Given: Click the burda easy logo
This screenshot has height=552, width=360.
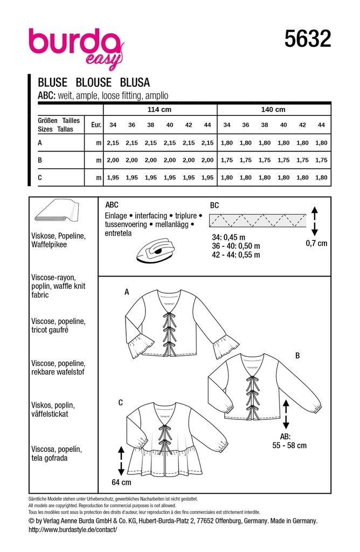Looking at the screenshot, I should pos(75,46).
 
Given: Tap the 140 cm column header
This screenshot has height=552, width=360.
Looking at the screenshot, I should pos(273,109).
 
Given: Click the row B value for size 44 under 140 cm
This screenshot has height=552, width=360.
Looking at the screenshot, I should pos(322,160).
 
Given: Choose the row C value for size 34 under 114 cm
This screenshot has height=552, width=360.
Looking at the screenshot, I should pos(113,177).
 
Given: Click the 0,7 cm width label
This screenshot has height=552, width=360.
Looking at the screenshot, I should pos(316,243).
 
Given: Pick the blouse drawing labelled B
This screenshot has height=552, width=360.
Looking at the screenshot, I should pos(264,388).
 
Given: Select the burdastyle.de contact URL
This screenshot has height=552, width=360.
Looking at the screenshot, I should pos(72,530).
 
